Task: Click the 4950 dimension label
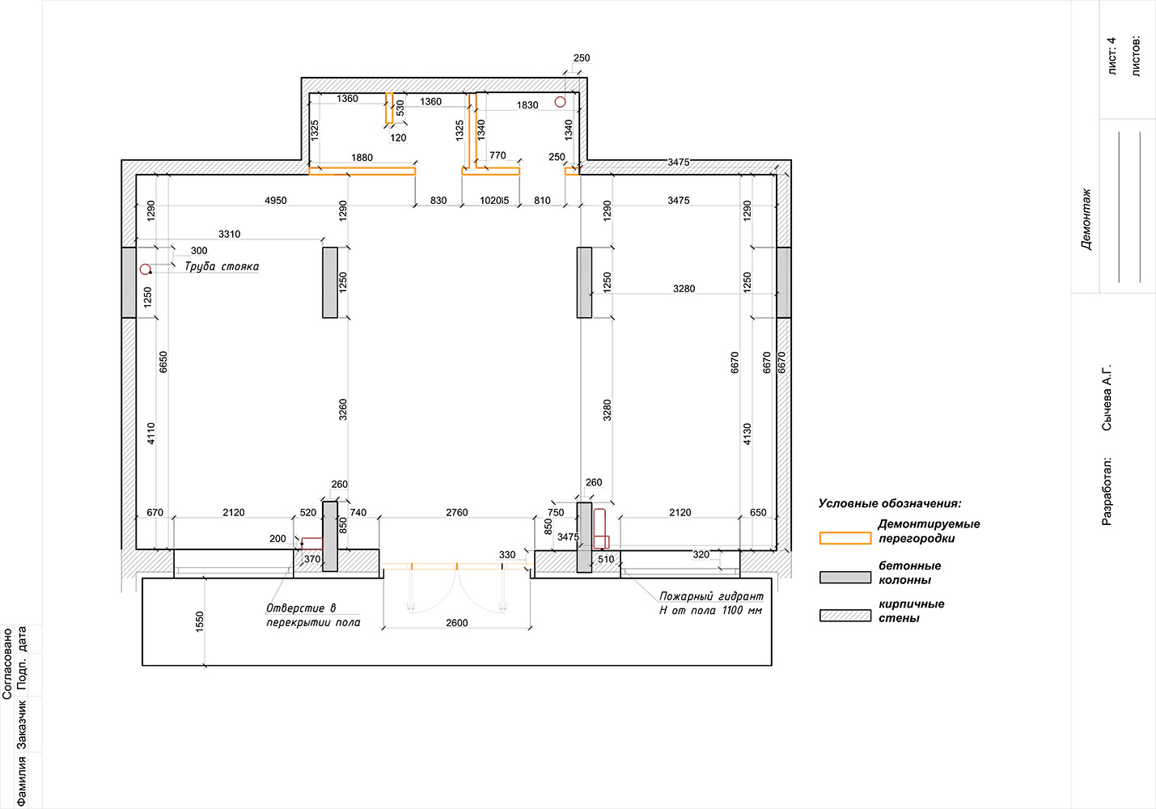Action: [276, 200]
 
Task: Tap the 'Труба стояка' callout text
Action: [222, 266]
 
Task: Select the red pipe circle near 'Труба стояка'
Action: [145, 269]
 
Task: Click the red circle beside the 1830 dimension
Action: [560, 102]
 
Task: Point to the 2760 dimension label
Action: [457, 512]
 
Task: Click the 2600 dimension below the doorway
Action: [457, 623]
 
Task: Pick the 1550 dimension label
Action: [200, 621]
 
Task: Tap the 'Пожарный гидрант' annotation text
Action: [711, 596]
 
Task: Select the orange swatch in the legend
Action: [845, 538]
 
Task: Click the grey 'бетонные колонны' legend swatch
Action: [845, 577]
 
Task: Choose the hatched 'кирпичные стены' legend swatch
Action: [845, 616]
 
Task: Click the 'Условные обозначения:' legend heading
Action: [890, 503]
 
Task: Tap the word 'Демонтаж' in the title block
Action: [1086, 219]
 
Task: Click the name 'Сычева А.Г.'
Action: [1107, 398]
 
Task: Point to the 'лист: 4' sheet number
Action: [1112, 56]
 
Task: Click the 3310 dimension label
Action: [229, 234]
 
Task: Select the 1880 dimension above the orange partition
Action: [362, 158]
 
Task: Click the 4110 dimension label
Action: [150, 434]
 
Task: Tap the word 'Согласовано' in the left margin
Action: [6, 663]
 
